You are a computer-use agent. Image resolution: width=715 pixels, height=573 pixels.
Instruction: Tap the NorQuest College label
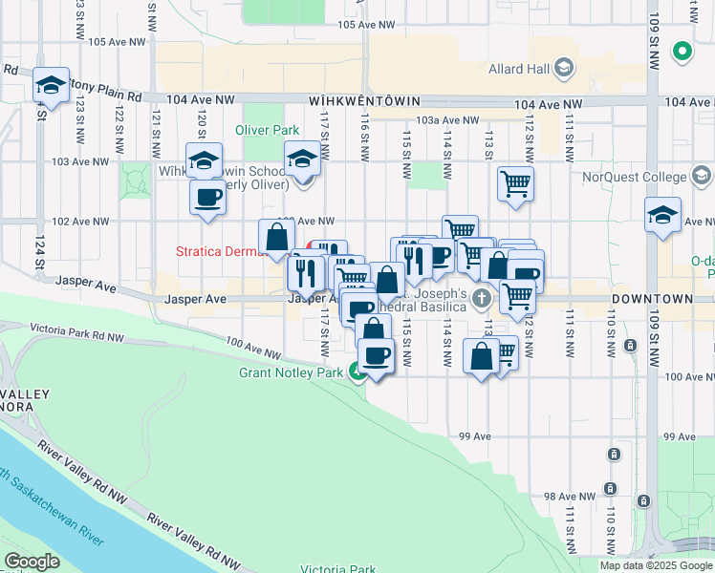pos(636,177)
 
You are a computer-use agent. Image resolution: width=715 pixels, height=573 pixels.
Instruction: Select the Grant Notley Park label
pos(290,372)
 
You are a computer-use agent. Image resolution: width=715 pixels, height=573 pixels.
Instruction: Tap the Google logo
pos(32,562)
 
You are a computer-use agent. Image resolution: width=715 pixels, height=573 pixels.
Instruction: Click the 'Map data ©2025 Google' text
pos(656,565)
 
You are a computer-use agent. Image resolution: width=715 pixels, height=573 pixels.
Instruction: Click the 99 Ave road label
pos(474,435)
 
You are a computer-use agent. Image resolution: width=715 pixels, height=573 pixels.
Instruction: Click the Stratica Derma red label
pos(215,252)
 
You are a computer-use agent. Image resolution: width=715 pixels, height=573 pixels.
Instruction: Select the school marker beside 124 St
pos(50,87)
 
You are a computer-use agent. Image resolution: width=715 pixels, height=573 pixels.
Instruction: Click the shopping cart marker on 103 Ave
pos(515,183)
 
